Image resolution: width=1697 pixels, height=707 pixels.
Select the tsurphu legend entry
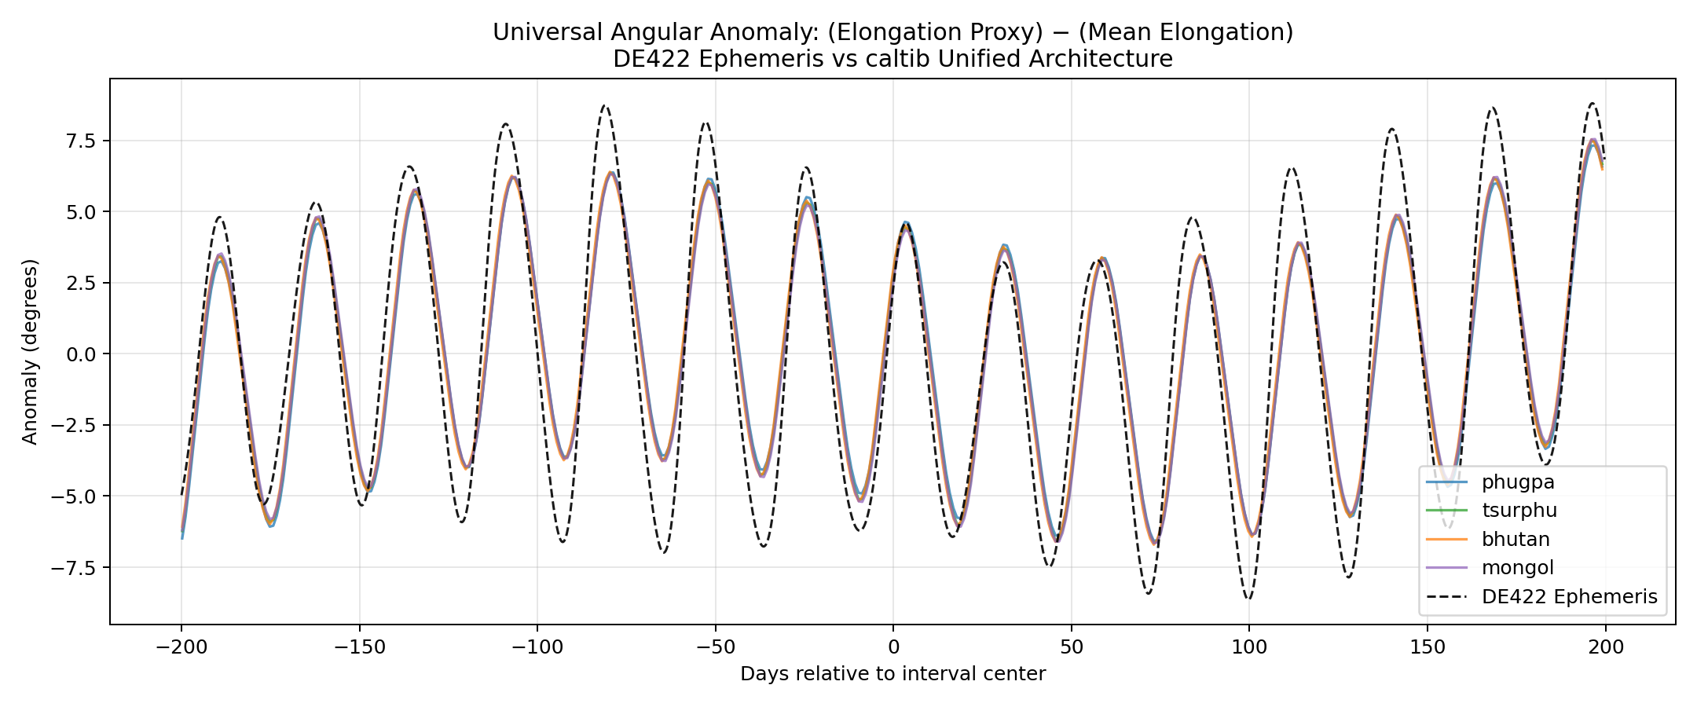(1519, 511)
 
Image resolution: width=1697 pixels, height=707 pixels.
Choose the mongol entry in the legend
(1517, 568)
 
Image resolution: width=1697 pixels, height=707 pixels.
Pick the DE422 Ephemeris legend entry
(1569, 597)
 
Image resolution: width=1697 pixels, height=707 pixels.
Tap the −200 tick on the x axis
(181, 648)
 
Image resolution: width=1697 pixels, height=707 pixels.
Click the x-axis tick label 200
(1605, 648)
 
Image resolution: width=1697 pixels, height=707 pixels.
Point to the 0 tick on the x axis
(893, 648)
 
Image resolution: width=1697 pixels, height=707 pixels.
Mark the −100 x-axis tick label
(537, 648)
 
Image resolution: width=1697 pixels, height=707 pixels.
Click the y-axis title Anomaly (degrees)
(30, 351)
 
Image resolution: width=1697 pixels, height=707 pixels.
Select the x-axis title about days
(892, 674)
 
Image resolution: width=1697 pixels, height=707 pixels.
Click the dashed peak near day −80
(604, 105)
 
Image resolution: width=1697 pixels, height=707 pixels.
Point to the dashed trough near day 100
(1248, 599)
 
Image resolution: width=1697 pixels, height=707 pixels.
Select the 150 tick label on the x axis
(1427, 648)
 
